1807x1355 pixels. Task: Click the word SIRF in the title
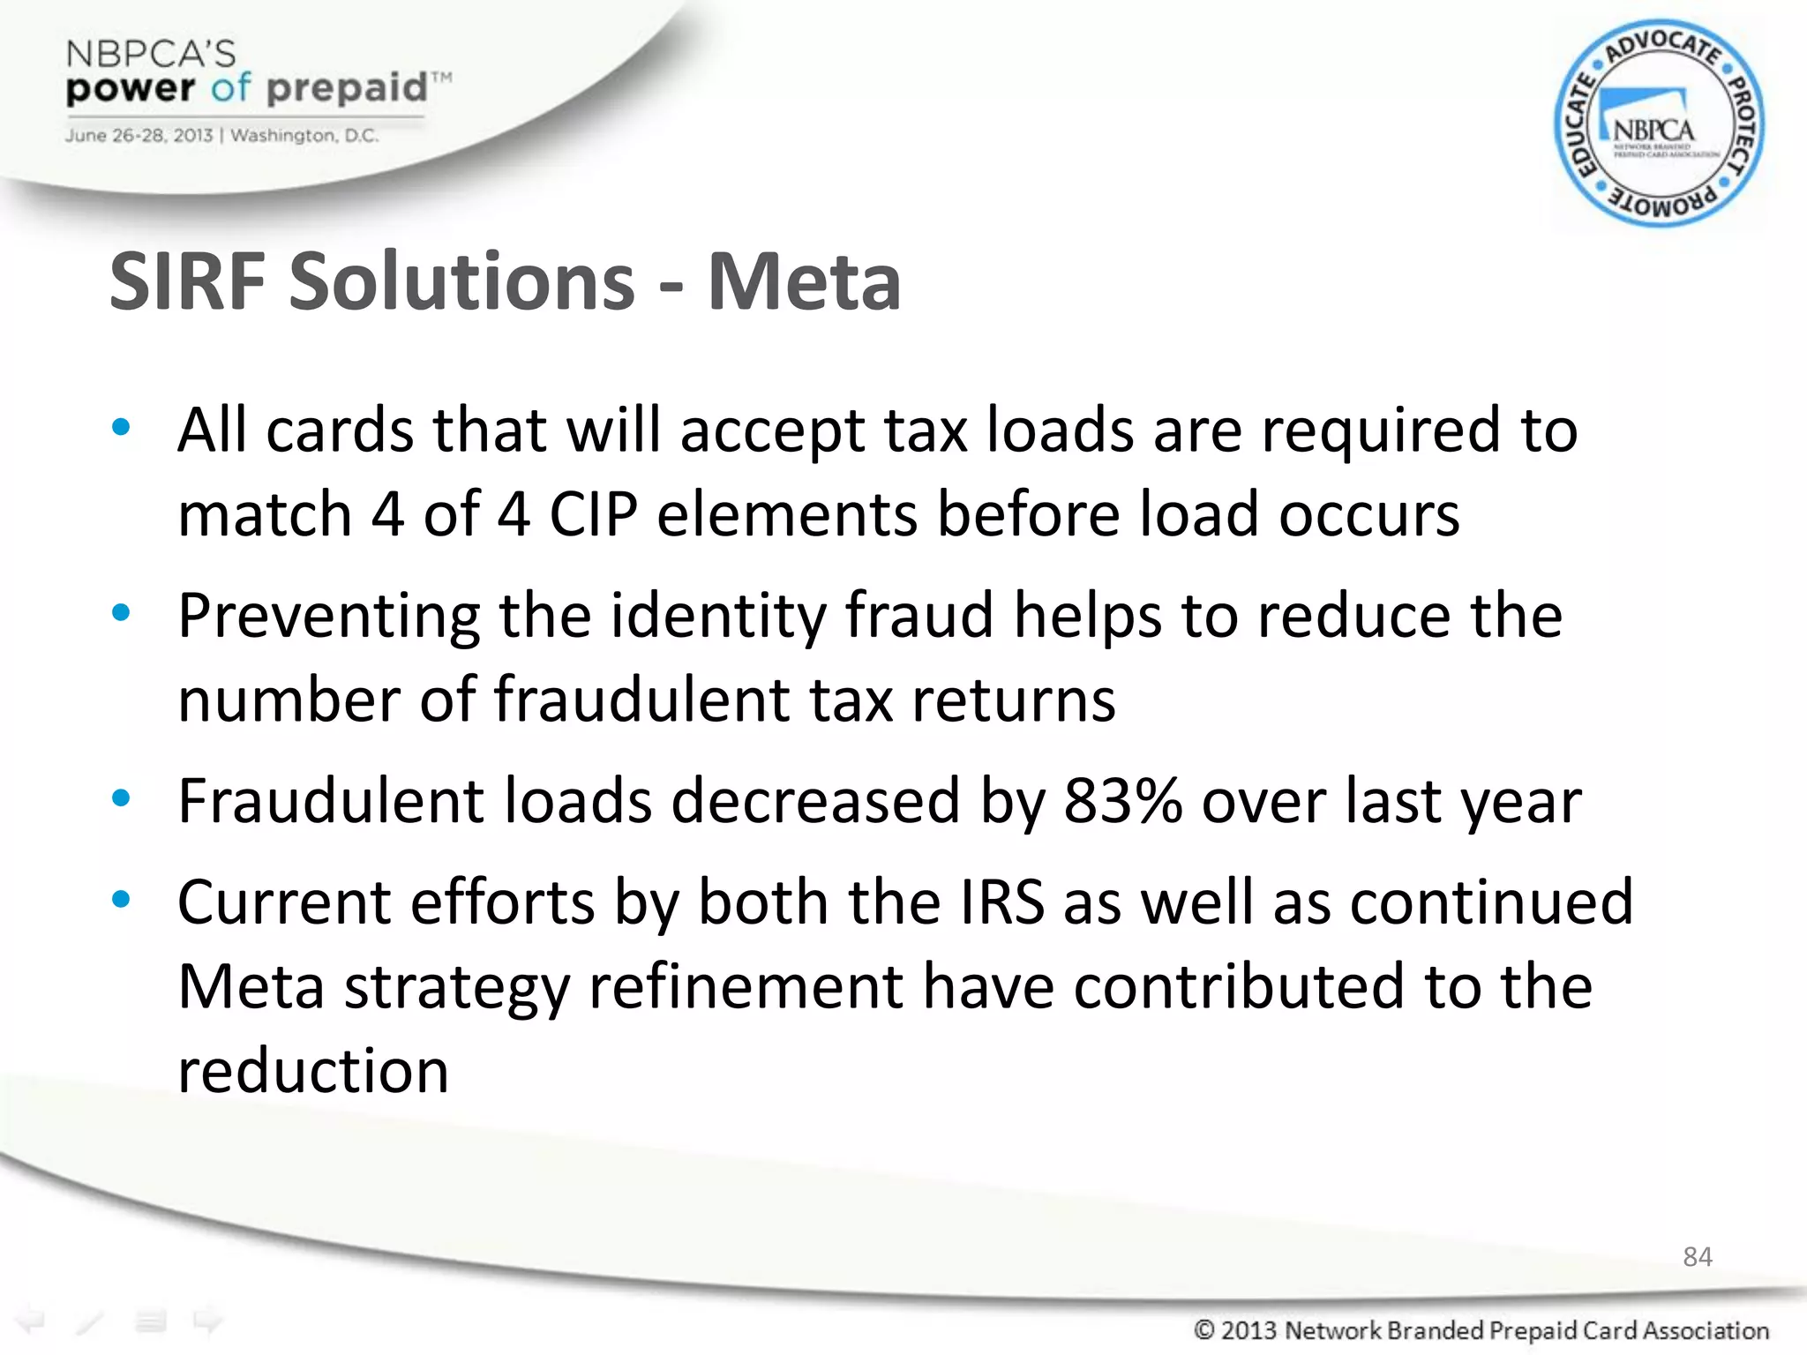(x=187, y=282)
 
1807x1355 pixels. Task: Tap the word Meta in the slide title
(x=804, y=282)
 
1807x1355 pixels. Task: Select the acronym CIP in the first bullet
(x=593, y=514)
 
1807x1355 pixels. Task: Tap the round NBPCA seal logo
(x=1659, y=124)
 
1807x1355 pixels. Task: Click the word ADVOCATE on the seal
(x=1661, y=47)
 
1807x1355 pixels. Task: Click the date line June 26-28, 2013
(x=139, y=136)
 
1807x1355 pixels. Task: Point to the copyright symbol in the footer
(x=1204, y=1329)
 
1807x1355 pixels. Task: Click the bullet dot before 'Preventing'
(x=121, y=612)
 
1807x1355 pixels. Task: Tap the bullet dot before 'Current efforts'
(x=121, y=900)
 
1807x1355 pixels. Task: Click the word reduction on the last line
(x=313, y=1071)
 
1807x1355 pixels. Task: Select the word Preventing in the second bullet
(x=329, y=616)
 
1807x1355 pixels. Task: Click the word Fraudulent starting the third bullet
(x=331, y=801)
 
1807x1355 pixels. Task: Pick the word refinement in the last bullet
(x=746, y=986)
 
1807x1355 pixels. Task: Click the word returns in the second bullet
(x=1013, y=700)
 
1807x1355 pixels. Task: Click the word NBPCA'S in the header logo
(x=151, y=55)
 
